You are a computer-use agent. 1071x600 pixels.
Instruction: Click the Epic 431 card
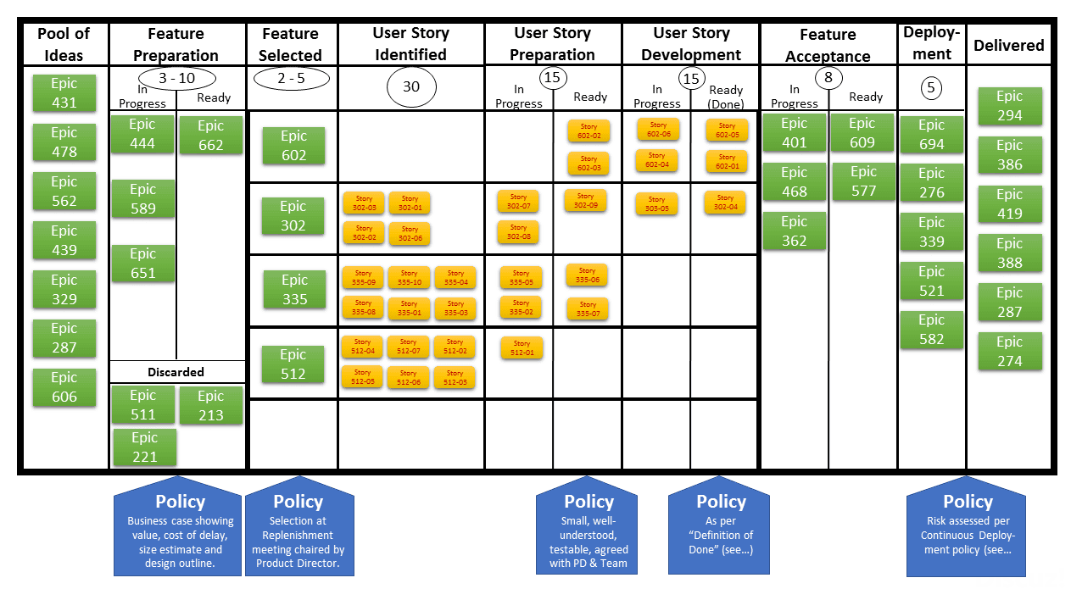pos(64,93)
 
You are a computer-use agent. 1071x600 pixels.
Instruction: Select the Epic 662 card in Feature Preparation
pos(210,136)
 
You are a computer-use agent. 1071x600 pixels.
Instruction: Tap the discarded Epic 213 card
pos(210,406)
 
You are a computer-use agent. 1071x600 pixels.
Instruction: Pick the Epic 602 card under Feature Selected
pos(293,146)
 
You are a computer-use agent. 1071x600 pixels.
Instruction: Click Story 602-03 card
pos(588,164)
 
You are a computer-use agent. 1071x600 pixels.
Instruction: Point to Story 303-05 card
pos(656,204)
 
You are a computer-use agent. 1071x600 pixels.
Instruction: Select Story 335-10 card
pos(409,278)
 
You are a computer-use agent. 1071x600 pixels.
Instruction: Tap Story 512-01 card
pos(522,348)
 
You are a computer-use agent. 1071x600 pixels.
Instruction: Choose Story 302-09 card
pos(585,201)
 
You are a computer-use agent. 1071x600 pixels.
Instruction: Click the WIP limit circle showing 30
pos(411,86)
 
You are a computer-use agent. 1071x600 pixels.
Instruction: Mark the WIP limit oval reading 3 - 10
pos(176,79)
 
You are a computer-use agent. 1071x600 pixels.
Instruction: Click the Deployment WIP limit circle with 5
pos(932,87)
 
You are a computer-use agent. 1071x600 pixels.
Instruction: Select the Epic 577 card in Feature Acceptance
pos(862,181)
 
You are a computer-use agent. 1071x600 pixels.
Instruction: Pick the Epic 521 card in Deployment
pos(931,281)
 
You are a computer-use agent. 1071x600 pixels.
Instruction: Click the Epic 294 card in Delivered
pos(1009,106)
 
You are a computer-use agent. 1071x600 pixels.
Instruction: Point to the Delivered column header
pos(1008,46)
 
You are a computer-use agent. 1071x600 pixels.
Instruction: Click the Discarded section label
pos(176,372)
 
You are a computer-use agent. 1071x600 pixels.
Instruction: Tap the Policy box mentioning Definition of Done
pos(721,526)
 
